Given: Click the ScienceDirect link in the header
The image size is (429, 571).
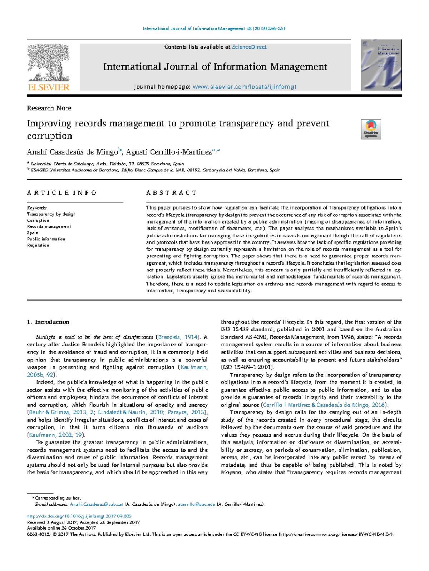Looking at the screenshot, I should [249, 47].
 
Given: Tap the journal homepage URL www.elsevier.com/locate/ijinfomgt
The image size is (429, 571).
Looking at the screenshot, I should [244, 86].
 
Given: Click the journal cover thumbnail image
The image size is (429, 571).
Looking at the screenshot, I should [381, 65].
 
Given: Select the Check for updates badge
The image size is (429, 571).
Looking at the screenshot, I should [371, 129].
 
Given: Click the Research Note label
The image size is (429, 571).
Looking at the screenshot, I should [49, 108].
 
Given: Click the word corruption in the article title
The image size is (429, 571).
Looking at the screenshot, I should [49, 136].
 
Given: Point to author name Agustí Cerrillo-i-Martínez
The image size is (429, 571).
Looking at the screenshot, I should [169, 152].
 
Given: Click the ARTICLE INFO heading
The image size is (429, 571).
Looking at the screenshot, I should [61, 193].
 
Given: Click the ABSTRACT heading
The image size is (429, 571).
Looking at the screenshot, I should [171, 193].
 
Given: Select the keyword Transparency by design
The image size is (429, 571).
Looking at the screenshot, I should [51, 214].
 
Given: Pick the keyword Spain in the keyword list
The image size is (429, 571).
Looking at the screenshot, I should [33, 233].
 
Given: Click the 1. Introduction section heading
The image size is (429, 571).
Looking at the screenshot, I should [48, 322].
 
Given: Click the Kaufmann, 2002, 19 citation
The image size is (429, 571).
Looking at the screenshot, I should [56, 435].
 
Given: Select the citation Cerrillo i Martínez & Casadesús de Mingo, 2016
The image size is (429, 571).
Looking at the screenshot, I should [324, 405].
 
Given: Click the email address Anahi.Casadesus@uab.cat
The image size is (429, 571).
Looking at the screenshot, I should [96, 504].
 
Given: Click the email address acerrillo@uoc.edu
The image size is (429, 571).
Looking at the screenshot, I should [196, 504].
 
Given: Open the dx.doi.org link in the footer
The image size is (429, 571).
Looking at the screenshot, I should [79, 516].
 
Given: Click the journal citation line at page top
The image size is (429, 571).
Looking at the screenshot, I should [214, 29].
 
